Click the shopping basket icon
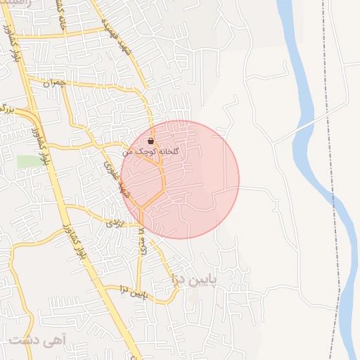coord(150,141)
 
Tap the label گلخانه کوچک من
coord(151,151)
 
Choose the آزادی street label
coord(113,222)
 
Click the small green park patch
coord(29,161)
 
